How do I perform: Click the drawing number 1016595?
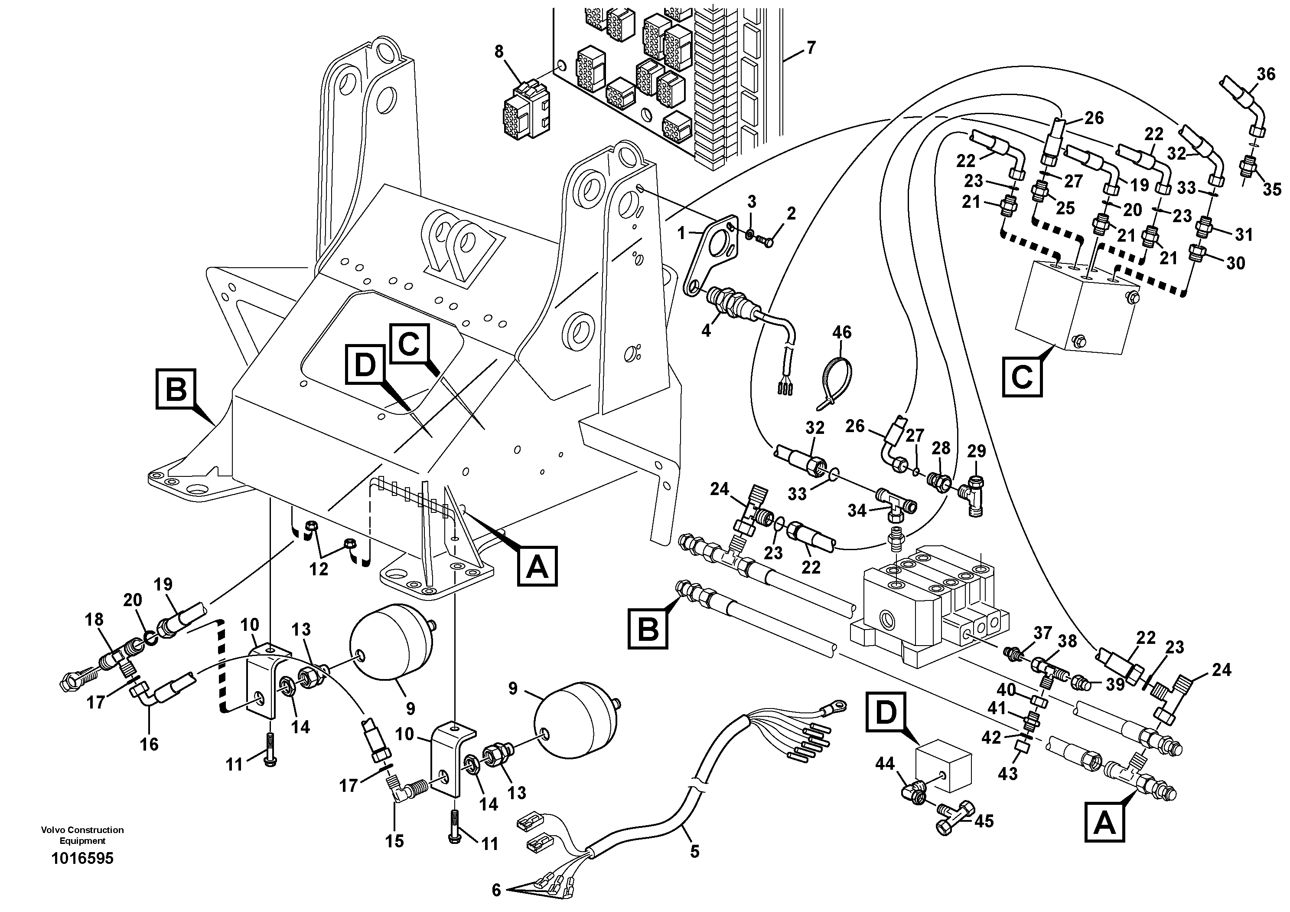click(x=82, y=859)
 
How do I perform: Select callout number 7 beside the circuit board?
click(x=810, y=48)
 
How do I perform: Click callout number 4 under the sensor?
click(x=706, y=331)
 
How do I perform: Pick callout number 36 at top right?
click(x=1266, y=74)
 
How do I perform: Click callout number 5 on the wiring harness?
click(x=694, y=851)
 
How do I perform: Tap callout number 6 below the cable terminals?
click(x=496, y=890)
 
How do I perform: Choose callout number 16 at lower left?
click(x=149, y=744)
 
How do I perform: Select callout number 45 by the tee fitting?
click(x=984, y=821)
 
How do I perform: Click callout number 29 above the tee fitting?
click(x=977, y=452)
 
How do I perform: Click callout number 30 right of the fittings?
click(x=1235, y=262)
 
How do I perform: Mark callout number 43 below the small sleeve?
click(x=1007, y=774)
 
